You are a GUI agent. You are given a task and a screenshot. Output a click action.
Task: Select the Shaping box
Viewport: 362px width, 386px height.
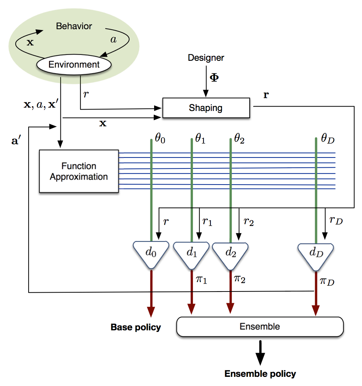206,108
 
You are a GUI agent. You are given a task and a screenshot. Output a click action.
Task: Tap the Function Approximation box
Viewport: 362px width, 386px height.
79,171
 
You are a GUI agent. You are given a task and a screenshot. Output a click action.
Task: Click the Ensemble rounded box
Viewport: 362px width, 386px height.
260,326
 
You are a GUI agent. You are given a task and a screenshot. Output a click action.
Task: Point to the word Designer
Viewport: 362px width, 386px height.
206,57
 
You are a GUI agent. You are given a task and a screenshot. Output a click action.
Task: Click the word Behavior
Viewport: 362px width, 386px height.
74,26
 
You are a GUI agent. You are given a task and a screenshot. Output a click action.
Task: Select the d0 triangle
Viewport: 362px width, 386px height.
152,252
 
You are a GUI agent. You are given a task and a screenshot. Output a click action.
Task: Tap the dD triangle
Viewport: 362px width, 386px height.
316,252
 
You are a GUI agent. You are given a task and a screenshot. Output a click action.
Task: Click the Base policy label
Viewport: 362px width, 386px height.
136,327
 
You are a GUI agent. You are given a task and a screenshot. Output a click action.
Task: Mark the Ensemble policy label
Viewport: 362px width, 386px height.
260,374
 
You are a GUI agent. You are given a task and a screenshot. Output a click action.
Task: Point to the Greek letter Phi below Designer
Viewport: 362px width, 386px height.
213,78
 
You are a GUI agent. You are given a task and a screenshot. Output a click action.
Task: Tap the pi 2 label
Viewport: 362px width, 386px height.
240,280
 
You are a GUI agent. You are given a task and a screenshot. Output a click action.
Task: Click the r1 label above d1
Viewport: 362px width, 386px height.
207,222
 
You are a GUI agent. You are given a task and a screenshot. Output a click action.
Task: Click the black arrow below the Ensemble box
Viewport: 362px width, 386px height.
260,352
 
